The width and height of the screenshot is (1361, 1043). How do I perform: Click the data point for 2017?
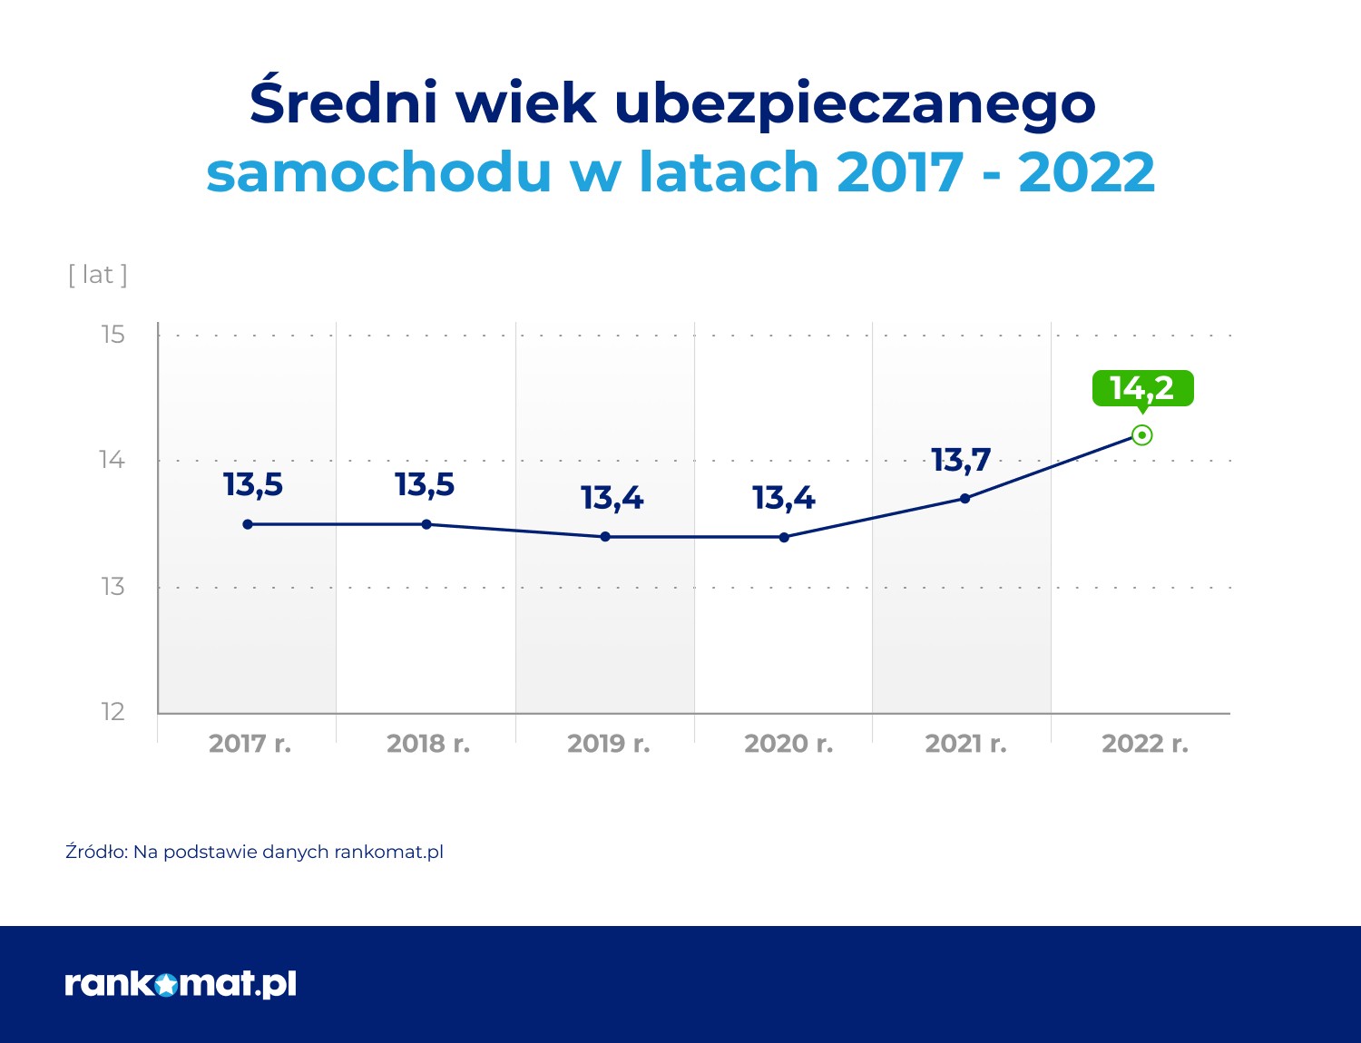248,524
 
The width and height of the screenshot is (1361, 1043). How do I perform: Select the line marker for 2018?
426,524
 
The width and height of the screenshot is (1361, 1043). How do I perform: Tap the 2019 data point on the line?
605,537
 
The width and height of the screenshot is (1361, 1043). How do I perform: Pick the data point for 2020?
784,537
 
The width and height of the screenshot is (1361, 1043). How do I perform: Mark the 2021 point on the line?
964,498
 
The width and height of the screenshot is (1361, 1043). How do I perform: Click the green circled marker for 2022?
1142,435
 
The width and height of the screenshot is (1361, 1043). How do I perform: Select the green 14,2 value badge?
1142,388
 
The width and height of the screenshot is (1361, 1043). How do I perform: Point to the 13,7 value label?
961,460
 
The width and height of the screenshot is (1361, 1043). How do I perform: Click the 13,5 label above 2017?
253,485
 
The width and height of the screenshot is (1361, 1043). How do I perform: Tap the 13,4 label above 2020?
784,498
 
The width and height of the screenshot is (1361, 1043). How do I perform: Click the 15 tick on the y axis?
113,335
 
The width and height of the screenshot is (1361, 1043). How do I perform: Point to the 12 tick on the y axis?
113,712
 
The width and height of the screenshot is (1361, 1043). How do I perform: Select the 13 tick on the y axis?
113,587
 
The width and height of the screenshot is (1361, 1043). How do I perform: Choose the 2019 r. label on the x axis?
608,744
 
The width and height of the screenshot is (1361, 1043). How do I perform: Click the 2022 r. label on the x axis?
1144,744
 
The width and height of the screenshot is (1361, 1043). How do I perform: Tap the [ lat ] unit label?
98,275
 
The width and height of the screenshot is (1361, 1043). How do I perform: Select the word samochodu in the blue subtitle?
378,171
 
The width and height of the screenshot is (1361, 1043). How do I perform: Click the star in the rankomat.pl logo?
166,984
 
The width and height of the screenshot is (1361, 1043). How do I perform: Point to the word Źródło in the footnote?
96,852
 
